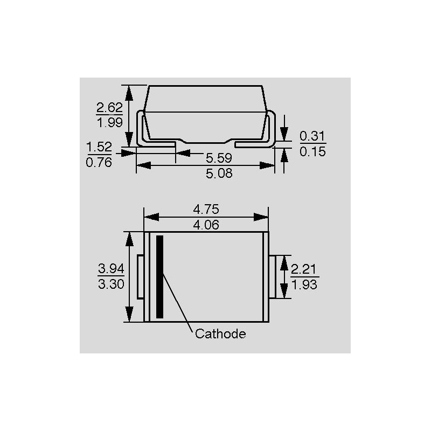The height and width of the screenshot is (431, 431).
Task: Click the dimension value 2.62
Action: (x=109, y=107)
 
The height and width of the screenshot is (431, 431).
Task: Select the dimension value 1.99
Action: (x=110, y=122)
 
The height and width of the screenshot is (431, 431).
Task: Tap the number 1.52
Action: (x=99, y=147)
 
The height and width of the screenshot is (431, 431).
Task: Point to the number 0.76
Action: (x=99, y=163)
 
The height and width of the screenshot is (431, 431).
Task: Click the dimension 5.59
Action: (x=219, y=158)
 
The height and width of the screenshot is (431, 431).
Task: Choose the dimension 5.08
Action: (x=219, y=173)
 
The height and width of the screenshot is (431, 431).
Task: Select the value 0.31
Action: (x=312, y=136)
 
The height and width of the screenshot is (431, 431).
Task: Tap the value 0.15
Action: (x=312, y=151)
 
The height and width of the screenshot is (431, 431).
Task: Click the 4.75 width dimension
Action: (x=206, y=210)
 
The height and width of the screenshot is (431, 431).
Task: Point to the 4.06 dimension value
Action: (x=206, y=225)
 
